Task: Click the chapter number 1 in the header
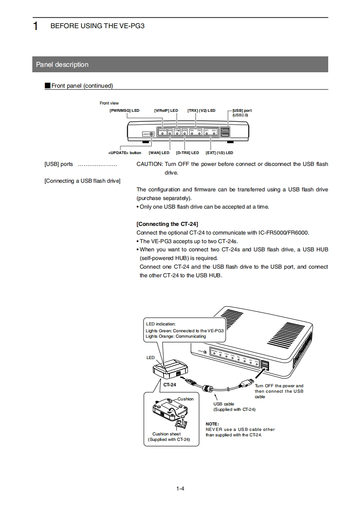coord(35,26)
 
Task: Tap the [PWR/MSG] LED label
coord(124,110)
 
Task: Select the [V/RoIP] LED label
coord(166,110)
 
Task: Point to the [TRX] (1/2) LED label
coord(201,110)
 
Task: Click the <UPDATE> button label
coord(125,153)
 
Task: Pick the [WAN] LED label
coord(159,153)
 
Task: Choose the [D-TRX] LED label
coord(188,153)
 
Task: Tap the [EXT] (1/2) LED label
coord(219,153)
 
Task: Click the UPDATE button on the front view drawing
coord(151,134)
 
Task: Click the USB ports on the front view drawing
coord(225,131)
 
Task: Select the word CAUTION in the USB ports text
coord(149,164)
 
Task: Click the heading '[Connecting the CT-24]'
coord(167,224)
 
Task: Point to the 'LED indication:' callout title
coord(160,324)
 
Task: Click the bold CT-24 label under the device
coord(169,385)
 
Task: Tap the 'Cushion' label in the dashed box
coord(185,399)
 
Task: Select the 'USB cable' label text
coord(224,404)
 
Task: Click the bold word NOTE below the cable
coord(212,424)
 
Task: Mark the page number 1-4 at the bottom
coord(180,489)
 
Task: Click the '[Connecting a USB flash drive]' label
coord(82,181)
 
